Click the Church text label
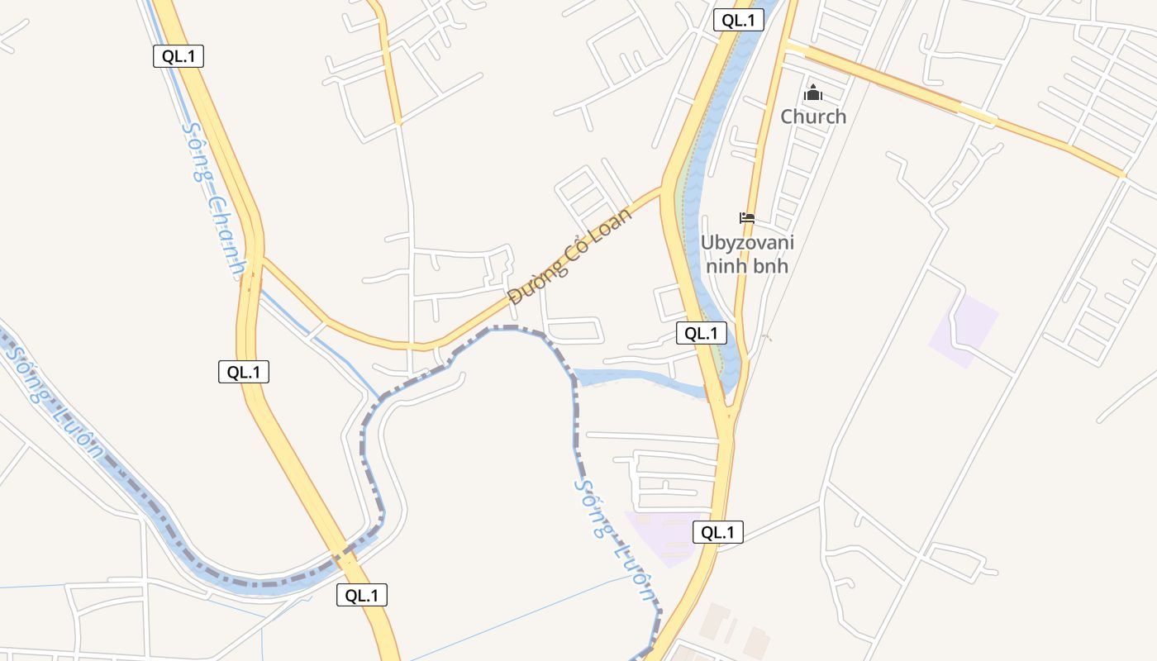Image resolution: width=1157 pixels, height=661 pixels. (x=813, y=117)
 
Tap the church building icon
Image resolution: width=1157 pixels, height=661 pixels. (x=813, y=92)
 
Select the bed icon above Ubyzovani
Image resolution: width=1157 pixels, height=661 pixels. (x=747, y=218)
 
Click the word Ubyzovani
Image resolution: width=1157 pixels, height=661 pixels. (x=747, y=243)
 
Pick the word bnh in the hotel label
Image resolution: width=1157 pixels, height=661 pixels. (x=772, y=266)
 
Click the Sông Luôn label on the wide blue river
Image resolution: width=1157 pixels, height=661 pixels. (x=54, y=400)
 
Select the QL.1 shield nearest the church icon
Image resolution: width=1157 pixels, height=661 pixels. (x=738, y=21)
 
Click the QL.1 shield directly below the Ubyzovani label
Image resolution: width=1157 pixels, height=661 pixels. (x=702, y=333)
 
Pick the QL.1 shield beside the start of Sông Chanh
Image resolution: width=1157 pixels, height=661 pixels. (x=178, y=56)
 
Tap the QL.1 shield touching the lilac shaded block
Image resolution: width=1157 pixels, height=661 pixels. (x=717, y=533)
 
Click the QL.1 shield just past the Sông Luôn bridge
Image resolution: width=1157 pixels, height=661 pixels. (x=361, y=595)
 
